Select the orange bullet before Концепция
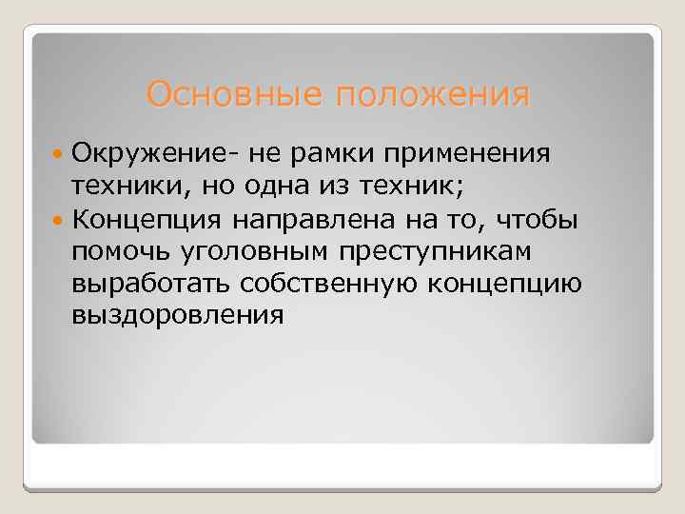[x=58, y=222]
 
